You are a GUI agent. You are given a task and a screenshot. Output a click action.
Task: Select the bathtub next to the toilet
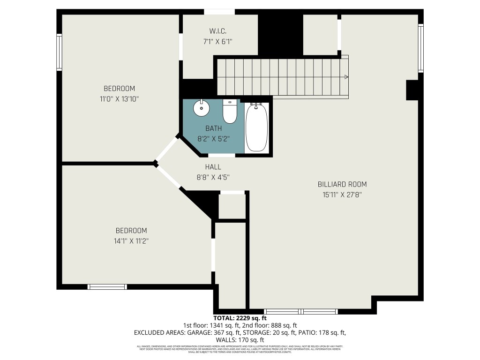click(x=257, y=127)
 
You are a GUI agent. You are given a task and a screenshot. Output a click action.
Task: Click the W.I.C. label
click(x=218, y=31)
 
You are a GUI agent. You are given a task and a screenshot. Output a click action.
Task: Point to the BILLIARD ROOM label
click(x=342, y=184)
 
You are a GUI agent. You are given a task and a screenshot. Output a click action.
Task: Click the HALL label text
click(x=213, y=167)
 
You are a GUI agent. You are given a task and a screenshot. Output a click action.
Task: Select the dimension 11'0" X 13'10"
click(x=119, y=98)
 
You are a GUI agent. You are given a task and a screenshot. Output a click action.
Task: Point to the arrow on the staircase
click(x=345, y=77)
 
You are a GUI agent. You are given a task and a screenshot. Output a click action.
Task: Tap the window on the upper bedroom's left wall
click(x=59, y=52)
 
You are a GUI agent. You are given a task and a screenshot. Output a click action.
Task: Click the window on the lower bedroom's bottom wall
click(x=107, y=286)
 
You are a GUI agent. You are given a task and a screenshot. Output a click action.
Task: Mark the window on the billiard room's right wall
click(x=420, y=48)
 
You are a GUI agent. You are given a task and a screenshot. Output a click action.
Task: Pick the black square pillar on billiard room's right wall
click(x=412, y=90)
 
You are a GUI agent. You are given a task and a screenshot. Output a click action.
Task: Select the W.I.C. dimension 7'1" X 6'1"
click(x=218, y=42)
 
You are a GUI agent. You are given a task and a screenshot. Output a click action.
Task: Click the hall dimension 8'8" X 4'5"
click(x=213, y=177)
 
